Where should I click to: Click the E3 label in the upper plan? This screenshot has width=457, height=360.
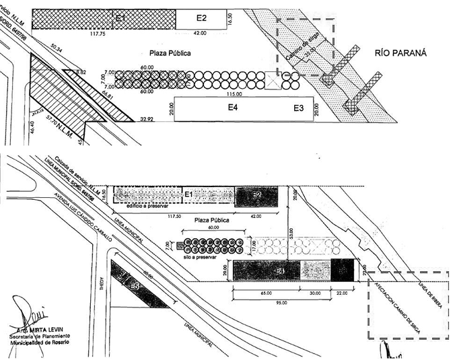click(x=298, y=108)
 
